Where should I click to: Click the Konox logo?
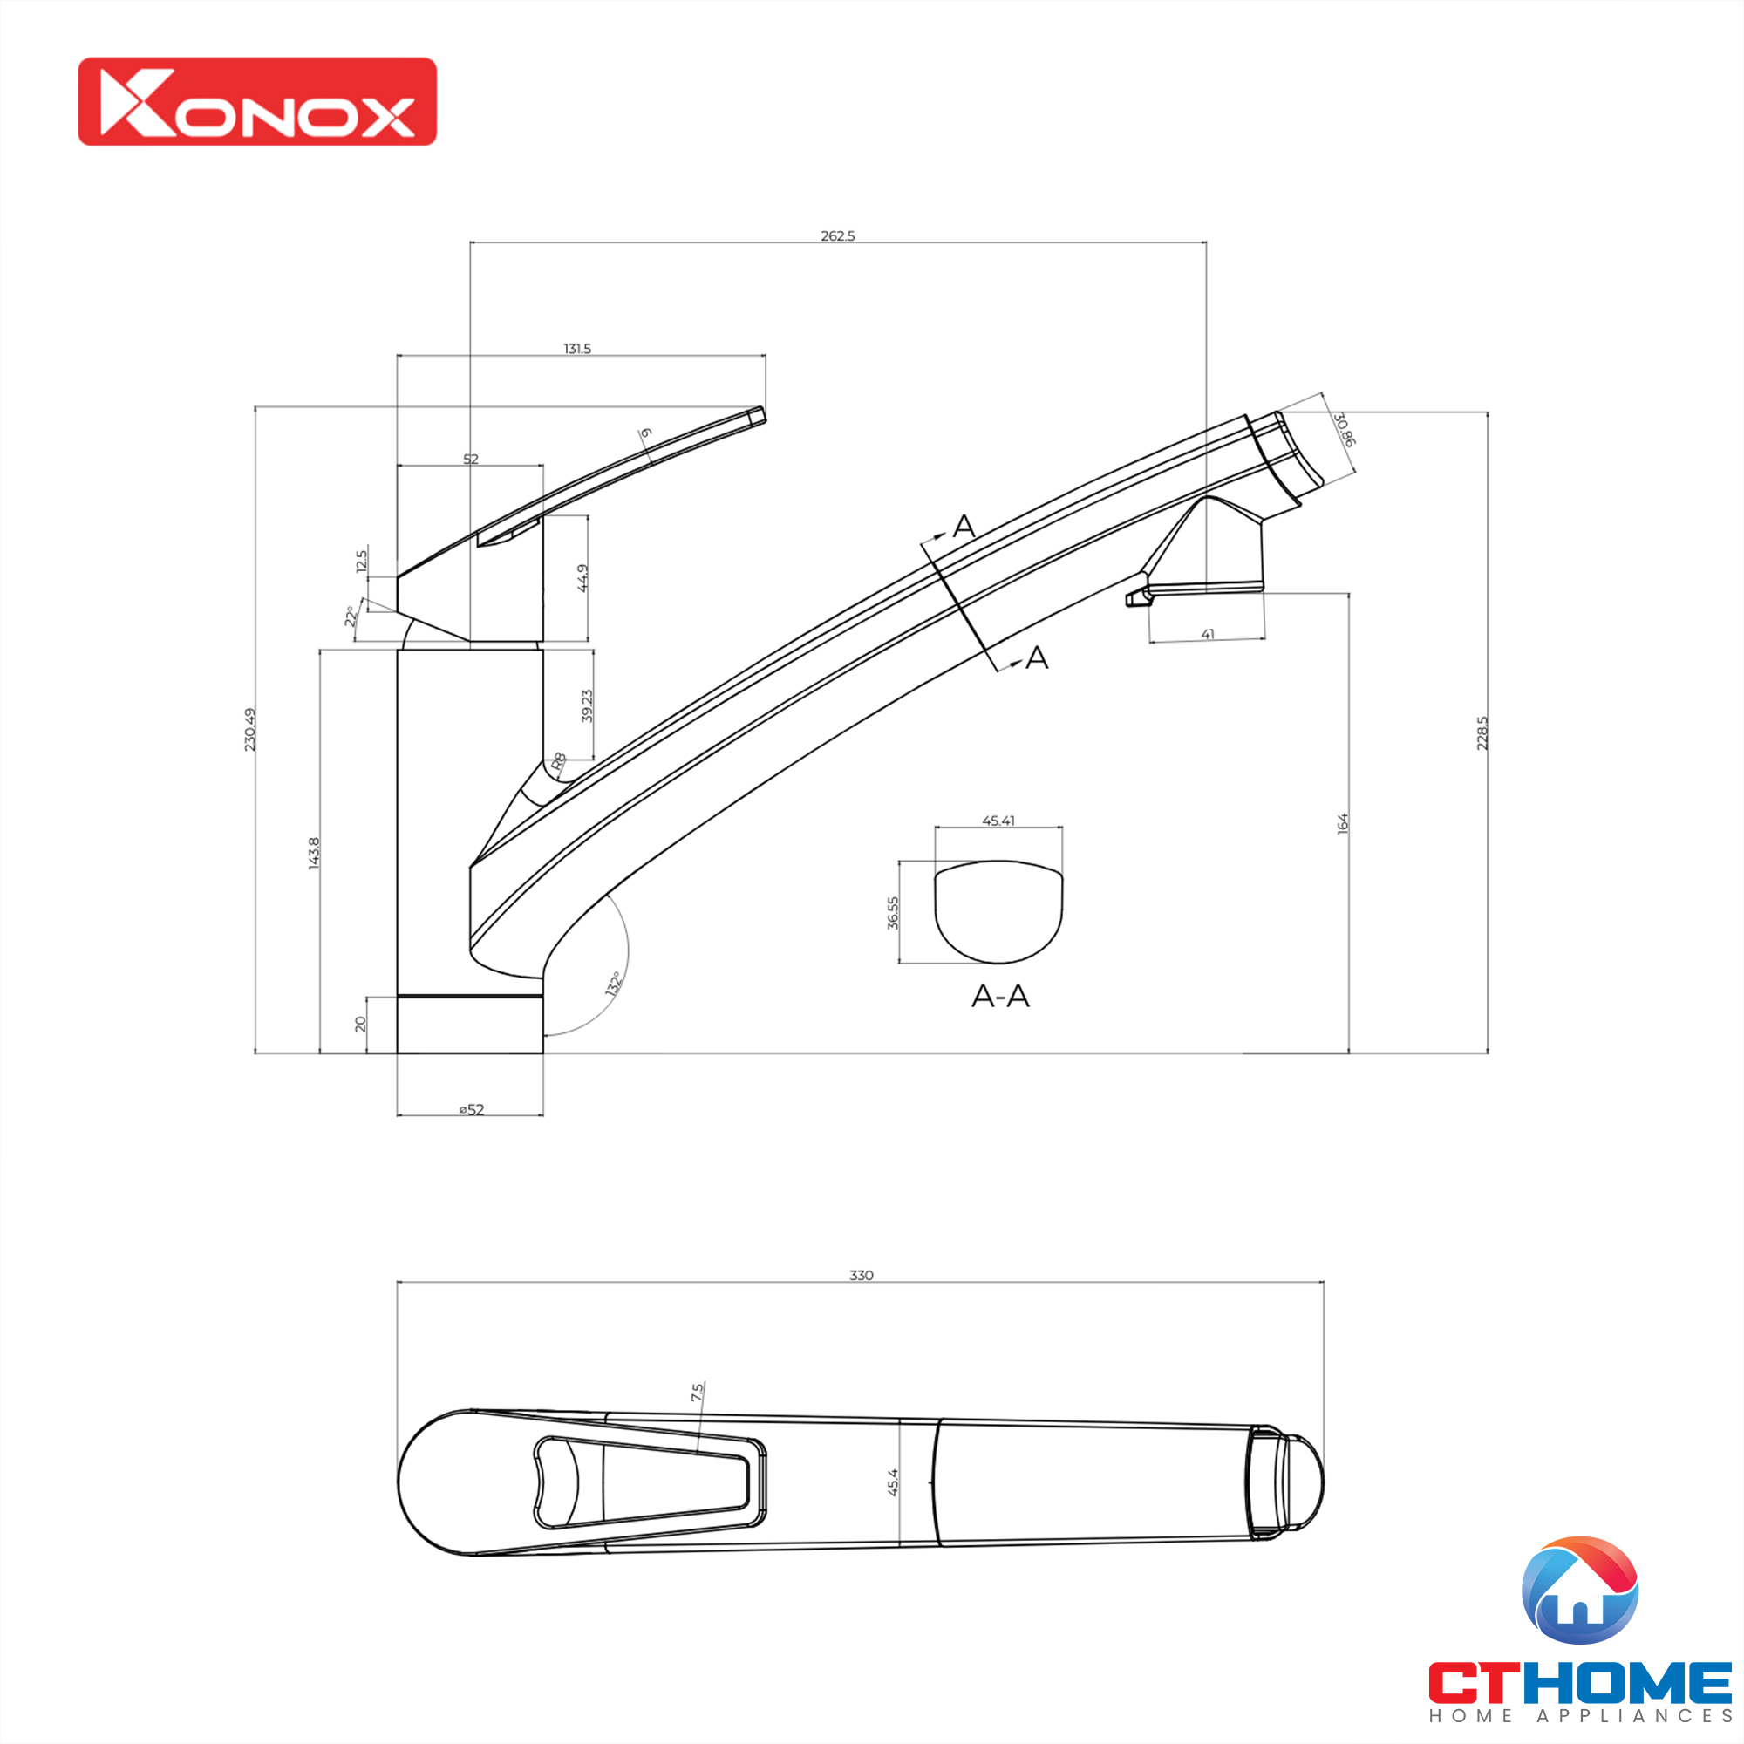(x=257, y=102)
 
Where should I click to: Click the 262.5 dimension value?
(x=838, y=236)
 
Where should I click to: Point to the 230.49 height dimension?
(x=250, y=729)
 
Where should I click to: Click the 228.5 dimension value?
(x=1482, y=733)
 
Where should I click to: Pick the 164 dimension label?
(x=1343, y=823)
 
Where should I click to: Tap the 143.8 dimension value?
(x=314, y=853)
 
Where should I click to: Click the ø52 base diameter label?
(x=471, y=1110)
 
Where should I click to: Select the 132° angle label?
(x=615, y=984)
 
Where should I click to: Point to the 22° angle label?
(x=351, y=617)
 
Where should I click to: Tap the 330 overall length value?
(x=862, y=1276)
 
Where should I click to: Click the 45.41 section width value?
(x=998, y=821)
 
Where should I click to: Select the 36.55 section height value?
(x=893, y=913)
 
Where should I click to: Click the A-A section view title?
(x=1000, y=997)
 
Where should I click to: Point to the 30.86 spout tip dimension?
(x=1345, y=430)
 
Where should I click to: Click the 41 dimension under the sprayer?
(x=1208, y=635)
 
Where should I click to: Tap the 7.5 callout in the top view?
(x=697, y=1393)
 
